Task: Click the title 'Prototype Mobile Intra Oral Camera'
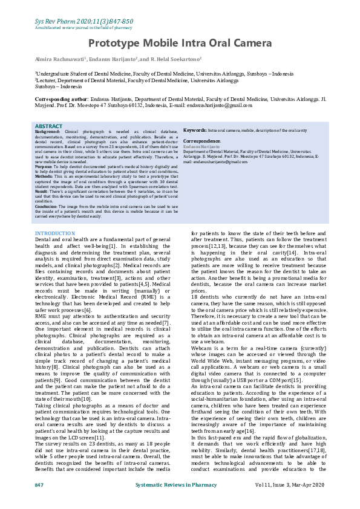(179, 43)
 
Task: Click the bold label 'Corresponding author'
(61, 97)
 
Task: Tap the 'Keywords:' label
(195, 130)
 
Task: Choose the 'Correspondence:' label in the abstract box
(202, 141)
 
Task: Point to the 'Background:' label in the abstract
(48, 131)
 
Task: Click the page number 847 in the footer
(39, 485)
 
